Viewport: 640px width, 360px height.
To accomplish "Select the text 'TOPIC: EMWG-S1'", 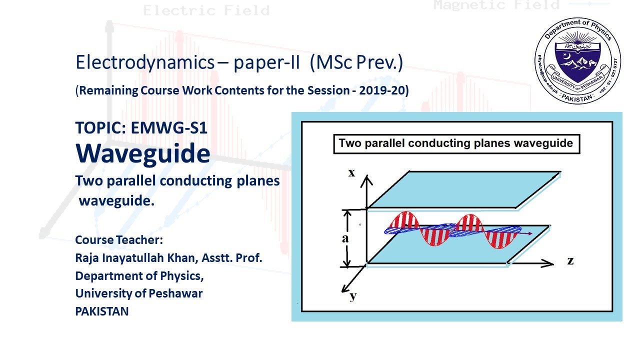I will point(141,128).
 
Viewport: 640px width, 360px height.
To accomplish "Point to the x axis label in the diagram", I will point(351,173).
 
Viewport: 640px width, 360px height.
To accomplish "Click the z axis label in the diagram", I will point(570,260).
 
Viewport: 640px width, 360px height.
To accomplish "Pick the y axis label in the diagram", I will point(353,295).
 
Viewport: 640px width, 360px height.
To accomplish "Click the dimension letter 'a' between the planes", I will point(345,238).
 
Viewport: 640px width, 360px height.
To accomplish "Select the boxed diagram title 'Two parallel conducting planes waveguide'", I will point(455,143).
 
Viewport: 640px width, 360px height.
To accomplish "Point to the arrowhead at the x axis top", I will point(367,178).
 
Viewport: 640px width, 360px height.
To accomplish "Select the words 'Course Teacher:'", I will point(119,240).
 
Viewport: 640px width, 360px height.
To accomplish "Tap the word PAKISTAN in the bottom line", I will point(102,311).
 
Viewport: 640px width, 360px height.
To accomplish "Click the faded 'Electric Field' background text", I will point(206,10).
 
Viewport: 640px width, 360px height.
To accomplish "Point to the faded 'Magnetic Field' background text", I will point(496,5).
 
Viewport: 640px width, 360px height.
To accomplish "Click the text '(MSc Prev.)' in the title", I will point(356,62).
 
